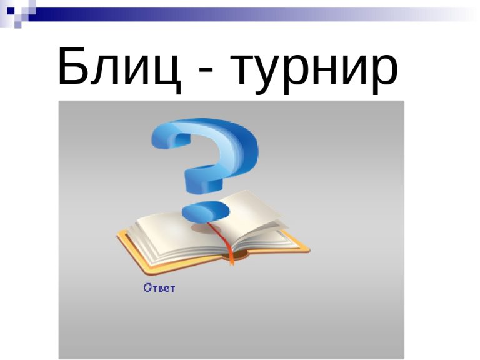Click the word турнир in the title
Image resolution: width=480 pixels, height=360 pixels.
314,72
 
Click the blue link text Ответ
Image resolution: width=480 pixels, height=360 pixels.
159,288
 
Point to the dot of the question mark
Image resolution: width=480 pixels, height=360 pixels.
206,212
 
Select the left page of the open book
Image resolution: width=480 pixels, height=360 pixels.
171,236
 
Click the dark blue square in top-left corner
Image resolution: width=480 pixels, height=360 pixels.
11,11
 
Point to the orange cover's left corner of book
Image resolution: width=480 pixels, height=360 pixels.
118,235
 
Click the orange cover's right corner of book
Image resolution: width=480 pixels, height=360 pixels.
309,250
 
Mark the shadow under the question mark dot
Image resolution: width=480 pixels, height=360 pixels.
204,228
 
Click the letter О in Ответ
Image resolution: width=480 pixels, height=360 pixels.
147,287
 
